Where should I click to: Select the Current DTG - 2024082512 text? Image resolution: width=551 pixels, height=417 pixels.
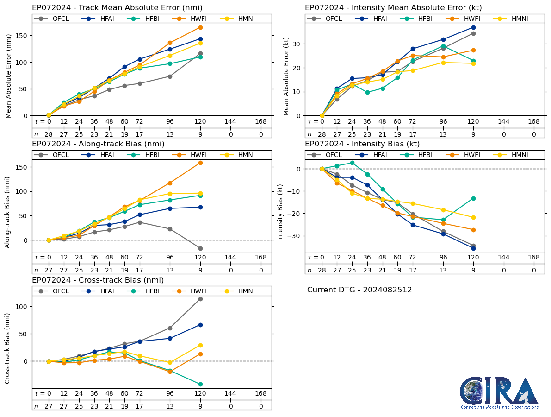click(359, 290)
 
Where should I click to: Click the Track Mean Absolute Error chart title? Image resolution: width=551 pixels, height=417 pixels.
click(117, 8)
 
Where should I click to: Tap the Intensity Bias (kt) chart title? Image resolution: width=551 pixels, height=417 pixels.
click(362, 144)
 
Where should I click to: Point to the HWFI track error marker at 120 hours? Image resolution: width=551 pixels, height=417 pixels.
click(200, 27)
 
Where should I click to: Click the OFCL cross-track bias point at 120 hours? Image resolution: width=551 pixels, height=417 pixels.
click(200, 299)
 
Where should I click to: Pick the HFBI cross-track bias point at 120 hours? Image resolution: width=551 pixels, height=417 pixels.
click(200, 384)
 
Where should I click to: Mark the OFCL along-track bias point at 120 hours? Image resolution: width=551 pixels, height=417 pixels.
click(200, 248)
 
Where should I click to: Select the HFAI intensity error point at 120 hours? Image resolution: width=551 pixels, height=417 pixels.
click(473, 27)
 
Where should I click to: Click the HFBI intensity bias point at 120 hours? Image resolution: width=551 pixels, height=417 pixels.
click(473, 198)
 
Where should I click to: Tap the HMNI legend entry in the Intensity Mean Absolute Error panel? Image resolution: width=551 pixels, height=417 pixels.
click(515, 19)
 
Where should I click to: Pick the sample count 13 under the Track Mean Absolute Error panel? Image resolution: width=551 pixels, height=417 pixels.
click(170, 134)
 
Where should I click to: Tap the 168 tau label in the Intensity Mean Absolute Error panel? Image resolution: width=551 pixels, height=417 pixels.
click(534, 122)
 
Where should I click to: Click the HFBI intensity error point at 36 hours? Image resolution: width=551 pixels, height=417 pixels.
click(367, 93)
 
